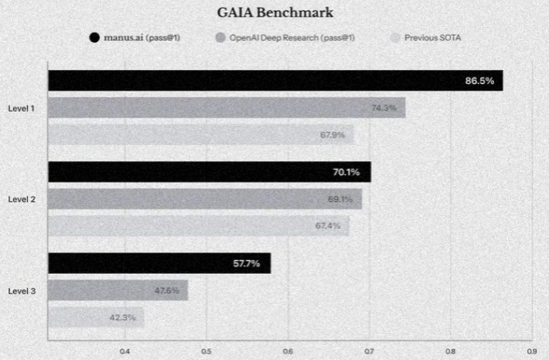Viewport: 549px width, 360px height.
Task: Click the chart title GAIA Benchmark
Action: [274, 13]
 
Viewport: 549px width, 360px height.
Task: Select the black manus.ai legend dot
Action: [94, 38]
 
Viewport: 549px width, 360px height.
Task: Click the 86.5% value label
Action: [479, 81]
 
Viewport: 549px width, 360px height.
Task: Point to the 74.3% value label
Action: [383, 108]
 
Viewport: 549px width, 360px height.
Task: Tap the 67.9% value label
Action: [333, 135]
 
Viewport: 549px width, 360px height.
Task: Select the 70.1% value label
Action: [347, 172]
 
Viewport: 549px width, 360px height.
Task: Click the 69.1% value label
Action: [340, 199]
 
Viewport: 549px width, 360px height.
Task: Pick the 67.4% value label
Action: [327, 225]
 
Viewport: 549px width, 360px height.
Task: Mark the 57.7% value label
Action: [247, 264]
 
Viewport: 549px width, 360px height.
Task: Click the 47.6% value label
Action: [166, 290]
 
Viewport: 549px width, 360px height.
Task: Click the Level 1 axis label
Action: [21, 108]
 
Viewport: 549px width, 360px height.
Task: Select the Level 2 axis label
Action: [21, 199]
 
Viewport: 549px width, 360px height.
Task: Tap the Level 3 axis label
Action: [21, 290]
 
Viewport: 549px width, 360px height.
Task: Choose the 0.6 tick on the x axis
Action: [288, 350]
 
